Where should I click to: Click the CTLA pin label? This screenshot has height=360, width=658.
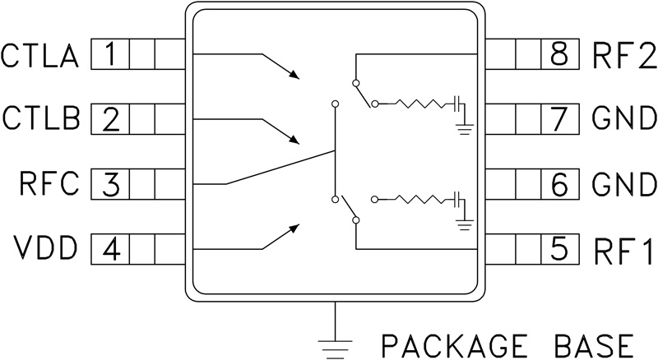click(x=39, y=57)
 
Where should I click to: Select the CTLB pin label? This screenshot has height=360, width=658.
click(x=39, y=119)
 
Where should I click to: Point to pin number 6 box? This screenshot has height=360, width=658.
click(x=558, y=183)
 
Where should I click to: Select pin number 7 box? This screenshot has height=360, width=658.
click(x=558, y=119)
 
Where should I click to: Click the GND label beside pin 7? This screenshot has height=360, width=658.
click(x=622, y=119)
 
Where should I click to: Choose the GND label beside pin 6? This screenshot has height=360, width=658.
click(x=622, y=183)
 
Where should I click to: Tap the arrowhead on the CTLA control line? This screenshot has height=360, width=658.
click(x=295, y=76)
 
